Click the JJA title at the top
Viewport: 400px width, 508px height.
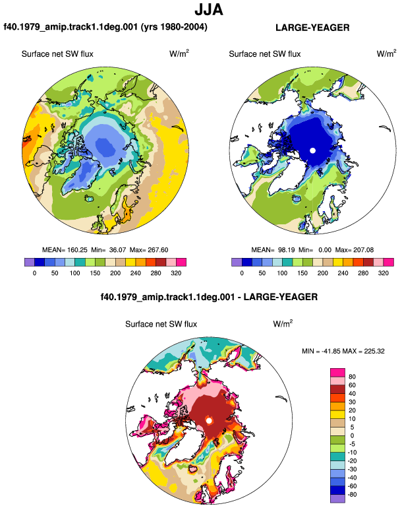pyautogui.click(x=209, y=10)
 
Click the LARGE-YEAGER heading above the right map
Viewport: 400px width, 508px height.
pyautogui.click(x=312, y=28)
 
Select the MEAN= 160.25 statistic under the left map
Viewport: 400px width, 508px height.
pyautogui.click(x=65, y=250)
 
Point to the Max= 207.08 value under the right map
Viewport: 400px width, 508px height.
pyautogui.click(x=355, y=250)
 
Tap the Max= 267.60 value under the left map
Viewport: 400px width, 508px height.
pyautogui.click(x=149, y=250)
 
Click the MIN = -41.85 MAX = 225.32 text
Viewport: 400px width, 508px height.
pyautogui.click(x=343, y=351)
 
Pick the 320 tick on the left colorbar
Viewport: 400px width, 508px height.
pyautogui.click(x=176, y=273)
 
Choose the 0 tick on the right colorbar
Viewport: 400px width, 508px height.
pyautogui.click(x=242, y=273)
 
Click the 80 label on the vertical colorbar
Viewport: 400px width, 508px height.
pyautogui.click(x=352, y=377)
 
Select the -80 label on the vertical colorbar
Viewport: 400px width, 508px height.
pyautogui.click(x=352, y=495)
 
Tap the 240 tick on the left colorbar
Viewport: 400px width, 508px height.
pyautogui.click(x=135, y=273)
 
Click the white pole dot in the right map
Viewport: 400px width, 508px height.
pyautogui.click(x=312, y=150)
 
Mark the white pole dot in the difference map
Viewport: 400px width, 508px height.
pyautogui.click(x=209, y=420)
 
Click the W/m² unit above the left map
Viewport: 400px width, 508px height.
pyautogui.click(x=179, y=53)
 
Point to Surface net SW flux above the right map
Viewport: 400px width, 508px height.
pyautogui.click(x=265, y=54)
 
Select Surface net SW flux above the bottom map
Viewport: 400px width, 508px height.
pyautogui.click(x=161, y=325)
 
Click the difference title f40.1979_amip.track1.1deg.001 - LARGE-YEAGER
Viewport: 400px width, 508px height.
pyautogui.click(x=209, y=297)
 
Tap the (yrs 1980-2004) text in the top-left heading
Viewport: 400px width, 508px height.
pyautogui.click(x=174, y=26)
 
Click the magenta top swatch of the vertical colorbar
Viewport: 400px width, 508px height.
pyautogui.click(x=337, y=373)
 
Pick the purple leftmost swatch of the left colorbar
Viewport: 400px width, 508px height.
pyautogui.click(x=30, y=262)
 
